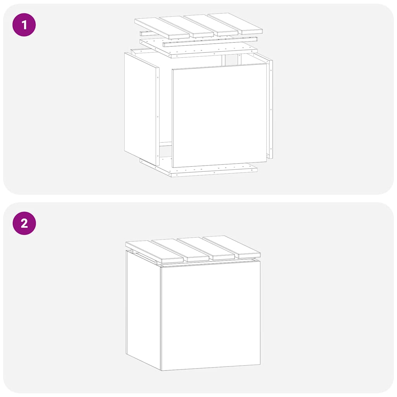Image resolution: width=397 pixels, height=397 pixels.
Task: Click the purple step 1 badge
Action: point(24,25)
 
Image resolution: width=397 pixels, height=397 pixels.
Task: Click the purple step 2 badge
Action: point(24,223)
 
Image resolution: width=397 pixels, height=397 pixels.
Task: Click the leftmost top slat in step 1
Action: point(162,28)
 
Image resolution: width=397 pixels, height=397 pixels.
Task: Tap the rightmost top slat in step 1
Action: point(235,23)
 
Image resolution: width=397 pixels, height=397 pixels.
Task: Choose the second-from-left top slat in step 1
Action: point(186,26)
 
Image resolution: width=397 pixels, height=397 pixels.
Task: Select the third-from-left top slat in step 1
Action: point(211,24)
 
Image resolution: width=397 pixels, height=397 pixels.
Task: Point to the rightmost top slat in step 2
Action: point(231,247)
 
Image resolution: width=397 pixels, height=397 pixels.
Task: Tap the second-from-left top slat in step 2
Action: point(180,250)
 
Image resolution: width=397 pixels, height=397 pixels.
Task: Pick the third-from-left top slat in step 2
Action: point(205,248)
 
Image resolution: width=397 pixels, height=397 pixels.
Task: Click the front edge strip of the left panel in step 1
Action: point(157,116)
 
